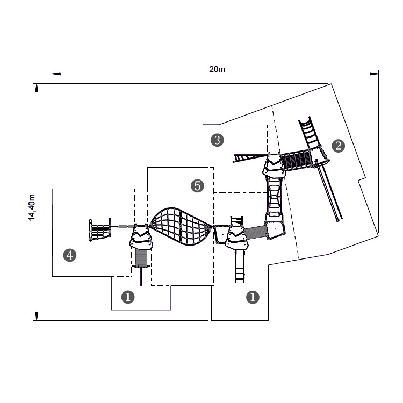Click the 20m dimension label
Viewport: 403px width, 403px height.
point(217,69)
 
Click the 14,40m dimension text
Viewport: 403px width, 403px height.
point(32,207)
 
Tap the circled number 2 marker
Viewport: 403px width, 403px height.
point(338,146)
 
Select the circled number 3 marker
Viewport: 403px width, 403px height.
point(217,140)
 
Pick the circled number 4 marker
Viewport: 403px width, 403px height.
point(70,255)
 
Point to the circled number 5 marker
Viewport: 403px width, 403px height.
point(197,186)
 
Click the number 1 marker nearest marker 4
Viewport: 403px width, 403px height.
point(128,297)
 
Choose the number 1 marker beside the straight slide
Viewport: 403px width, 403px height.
point(253,297)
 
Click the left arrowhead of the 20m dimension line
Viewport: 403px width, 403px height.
point(56,74)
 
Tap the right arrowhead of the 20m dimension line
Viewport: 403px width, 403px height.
point(374,74)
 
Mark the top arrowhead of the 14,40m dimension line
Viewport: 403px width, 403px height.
point(37,88)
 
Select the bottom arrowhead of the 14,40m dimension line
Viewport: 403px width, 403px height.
point(37,316)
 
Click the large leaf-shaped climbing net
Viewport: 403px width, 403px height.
point(181,227)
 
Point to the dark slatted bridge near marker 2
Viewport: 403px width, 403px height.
point(297,160)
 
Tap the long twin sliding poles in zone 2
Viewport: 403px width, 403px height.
point(329,190)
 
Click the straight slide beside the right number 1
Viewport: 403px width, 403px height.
point(240,267)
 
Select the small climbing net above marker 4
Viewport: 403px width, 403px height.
point(100,230)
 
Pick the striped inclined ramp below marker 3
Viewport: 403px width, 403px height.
point(249,158)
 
